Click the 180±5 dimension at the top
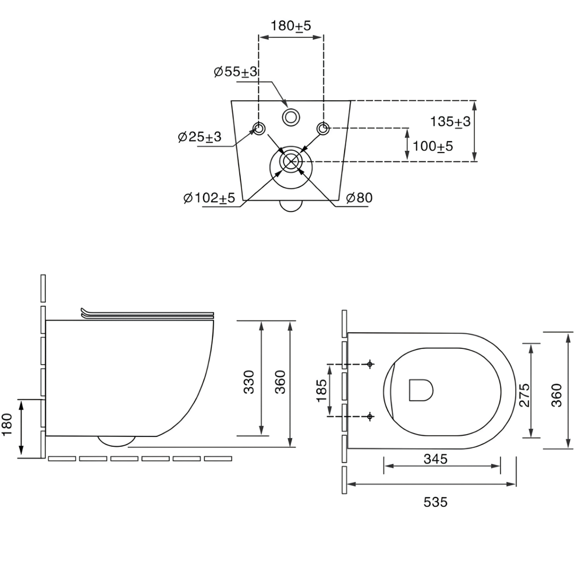[x=290, y=26]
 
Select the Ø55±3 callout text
[x=236, y=72]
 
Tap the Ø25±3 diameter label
[x=199, y=137]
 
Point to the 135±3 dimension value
[x=450, y=122]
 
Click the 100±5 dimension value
[x=433, y=146]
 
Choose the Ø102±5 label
[x=210, y=197]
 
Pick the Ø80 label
[x=359, y=197]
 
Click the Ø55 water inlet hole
[x=291, y=118]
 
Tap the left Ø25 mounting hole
[x=259, y=129]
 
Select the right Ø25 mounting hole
[x=323, y=129]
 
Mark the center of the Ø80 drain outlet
[x=291, y=162]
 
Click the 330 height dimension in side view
[x=249, y=382]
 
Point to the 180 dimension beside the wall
[x=7, y=425]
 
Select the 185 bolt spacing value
[x=321, y=390]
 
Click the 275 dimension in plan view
[x=524, y=394]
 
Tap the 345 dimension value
[x=436, y=459]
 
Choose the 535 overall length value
[x=435, y=502]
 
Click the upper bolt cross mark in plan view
[x=370, y=364]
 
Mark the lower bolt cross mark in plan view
[x=370, y=417]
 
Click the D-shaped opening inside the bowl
[x=421, y=390]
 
